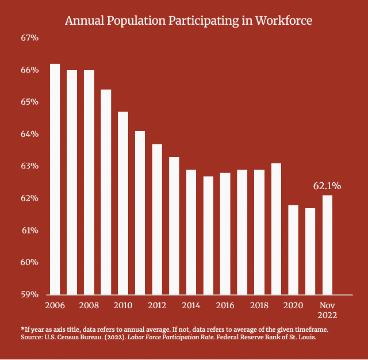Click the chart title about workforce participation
point(189,21)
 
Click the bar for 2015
point(208,235)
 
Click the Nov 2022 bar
point(327,244)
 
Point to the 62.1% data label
point(327,186)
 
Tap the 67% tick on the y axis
point(29,38)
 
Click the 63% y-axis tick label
point(29,166)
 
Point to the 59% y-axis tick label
point(29,294)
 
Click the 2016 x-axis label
point(225,305)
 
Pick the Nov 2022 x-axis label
point(327,310)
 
